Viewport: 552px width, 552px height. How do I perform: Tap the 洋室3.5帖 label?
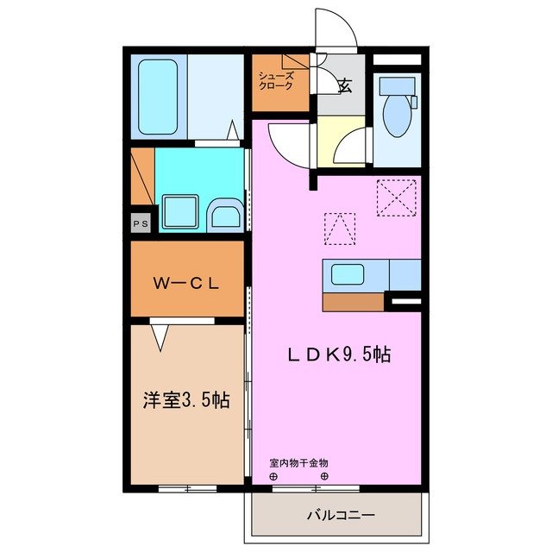(x=186, y=400)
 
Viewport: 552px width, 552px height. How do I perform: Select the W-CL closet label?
(x=186, y=282)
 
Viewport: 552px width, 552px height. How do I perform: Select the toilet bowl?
(x=397, y=116)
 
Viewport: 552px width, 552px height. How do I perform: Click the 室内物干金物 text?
(x=298, y=463)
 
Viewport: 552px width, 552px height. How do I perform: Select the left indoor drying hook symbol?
(x=273, y=476)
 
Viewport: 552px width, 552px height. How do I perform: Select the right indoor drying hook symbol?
(x=324, y=476)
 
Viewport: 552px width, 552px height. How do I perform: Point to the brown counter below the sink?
(x=354, y=302)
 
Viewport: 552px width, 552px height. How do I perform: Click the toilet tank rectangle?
(x=397, y=87)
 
